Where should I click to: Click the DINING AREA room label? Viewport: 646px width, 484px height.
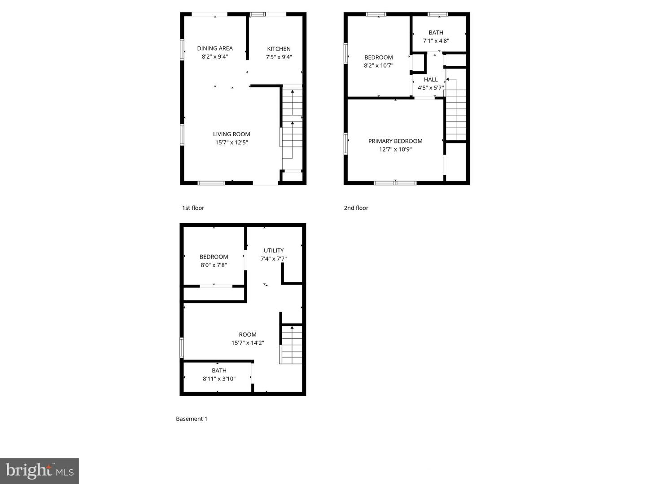[215, 48]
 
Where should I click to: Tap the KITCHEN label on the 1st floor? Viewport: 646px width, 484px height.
[279, 49]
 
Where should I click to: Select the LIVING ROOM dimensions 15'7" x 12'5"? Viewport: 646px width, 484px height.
[231, 143]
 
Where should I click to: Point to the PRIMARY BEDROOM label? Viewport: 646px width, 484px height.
[395, 141]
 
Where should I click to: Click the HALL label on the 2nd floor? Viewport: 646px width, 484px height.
[431, 79]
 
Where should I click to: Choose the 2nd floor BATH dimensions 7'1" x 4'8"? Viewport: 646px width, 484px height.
[436, 41]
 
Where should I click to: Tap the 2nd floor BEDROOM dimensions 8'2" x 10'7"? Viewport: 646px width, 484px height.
[378, 65]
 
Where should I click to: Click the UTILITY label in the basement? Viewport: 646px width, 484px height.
[273, 251]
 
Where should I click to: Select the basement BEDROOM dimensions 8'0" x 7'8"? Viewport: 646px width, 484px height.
[214, 265]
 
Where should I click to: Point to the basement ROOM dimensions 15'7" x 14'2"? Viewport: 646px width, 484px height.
[247, 343]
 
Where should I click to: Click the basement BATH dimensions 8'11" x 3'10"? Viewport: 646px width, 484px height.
[219, 379]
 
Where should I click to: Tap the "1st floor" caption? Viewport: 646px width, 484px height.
[193, 208]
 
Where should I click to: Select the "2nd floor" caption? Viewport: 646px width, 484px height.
[356, 208]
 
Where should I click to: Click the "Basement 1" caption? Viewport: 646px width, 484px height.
[192, 419]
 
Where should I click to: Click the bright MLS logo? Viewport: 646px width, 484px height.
[39, 471]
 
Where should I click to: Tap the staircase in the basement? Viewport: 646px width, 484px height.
[292, 345]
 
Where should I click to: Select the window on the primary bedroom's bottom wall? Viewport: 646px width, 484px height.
[395, 183]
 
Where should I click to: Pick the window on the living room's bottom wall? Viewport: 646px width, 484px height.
[211, 183]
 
